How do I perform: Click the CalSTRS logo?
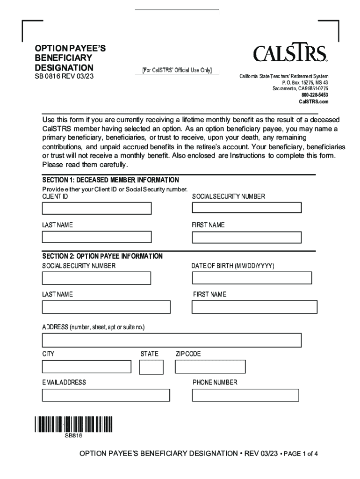(290, 53)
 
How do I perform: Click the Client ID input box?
(97, 209)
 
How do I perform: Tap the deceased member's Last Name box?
(97, 237)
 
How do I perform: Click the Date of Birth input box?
(252, 278)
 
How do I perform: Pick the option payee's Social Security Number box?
(97, 278)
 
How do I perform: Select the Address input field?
(172, 340)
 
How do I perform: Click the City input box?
(86, 367)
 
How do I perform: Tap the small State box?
(151, 367)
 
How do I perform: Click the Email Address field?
(106, 395)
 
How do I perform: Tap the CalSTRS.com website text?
(314, 102)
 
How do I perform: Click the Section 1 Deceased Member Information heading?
(111, 180)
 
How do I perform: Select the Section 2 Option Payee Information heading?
(102, 256)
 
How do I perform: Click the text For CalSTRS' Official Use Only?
(177, 71)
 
